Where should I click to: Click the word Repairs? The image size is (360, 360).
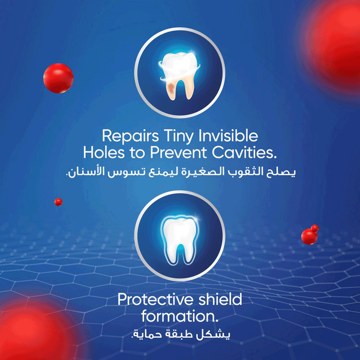[130, 136]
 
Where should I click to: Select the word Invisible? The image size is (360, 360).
[228, 136]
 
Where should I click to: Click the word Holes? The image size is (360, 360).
[104, 152]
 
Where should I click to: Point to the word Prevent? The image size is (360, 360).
[178, 152]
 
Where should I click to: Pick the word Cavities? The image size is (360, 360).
[244, 152]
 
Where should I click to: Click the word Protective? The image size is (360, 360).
[155, 299]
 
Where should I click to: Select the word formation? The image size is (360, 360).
[180, 316]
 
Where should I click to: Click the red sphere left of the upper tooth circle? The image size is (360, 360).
[58, 78]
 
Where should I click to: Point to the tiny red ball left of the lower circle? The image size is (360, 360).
[59, 202]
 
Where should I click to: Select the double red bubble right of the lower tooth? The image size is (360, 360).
[310, 235]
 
